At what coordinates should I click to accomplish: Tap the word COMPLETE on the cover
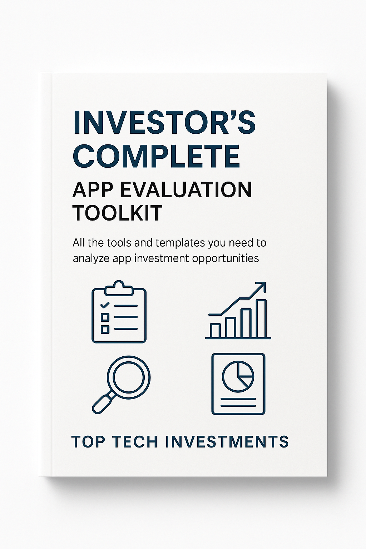click(156, 156)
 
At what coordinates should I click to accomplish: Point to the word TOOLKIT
click(118, 213)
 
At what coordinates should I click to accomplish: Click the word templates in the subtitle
click(178, 243)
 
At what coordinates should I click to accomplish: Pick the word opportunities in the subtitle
click(226, 258)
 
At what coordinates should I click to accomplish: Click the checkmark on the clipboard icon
click(105, 305)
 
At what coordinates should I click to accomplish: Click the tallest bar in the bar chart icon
click(261, 318)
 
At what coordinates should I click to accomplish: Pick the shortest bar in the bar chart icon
click(215, 330)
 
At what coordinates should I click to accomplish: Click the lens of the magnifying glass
click(129, 378)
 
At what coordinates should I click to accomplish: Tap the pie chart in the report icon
click(238, 376)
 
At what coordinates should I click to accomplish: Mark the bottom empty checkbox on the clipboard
click(105, 330)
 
